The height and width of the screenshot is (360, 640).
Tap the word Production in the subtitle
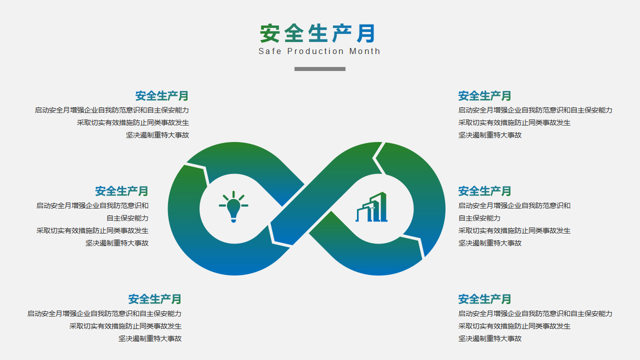point(315,51)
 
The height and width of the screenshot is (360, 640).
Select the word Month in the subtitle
point(365,51)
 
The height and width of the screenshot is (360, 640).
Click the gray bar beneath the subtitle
point(320,69)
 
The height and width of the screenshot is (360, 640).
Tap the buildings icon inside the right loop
point(371,207)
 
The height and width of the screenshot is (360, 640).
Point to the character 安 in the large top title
point(269,33)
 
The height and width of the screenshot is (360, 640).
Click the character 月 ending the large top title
point(366,33)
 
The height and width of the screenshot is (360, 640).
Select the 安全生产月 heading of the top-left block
point(161,95)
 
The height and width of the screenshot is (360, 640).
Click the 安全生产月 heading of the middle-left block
point(121,191)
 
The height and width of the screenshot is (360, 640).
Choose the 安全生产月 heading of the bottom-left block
point(154,299)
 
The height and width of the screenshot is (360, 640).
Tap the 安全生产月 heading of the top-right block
point(484,95)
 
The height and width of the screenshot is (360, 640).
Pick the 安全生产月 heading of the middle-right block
point(484,191)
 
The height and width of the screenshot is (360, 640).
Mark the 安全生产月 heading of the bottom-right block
point(484,299)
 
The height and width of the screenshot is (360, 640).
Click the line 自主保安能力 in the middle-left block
point(127,218)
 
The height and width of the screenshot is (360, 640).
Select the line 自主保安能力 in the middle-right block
point(479,218)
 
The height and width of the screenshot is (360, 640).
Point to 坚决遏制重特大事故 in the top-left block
point(157,135)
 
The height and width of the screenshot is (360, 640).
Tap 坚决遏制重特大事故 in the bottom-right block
point(489,338)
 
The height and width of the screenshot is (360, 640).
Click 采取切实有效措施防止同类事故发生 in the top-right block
point(514,123)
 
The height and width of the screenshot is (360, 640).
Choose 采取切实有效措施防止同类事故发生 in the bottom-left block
point(125,326)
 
